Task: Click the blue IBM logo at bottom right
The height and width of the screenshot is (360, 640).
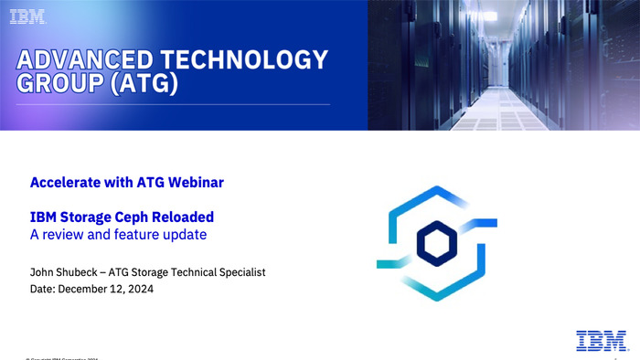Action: (601, 340)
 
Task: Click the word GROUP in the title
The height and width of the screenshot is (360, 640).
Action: (57, 85)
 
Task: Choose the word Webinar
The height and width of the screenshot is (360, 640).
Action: (195, 183)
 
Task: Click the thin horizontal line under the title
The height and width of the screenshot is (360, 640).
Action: (174, 104)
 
